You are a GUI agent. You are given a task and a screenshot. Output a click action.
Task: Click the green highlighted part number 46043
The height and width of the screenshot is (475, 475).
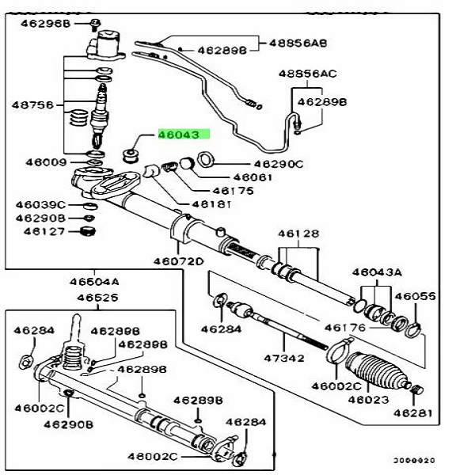pyautogui.click(x=182, y=135)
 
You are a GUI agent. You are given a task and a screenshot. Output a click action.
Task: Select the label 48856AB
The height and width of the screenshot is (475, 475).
pyautogui.click(x=298, y=42)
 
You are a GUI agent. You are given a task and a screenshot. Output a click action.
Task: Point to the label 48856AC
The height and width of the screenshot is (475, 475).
pyautogui.click(x=307, y=74)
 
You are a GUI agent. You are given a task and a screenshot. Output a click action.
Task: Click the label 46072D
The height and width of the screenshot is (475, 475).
pyautogui.click(x=179, y=261)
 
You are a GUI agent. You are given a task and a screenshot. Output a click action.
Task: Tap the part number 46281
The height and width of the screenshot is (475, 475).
pyautogui.click(x=413, y=412)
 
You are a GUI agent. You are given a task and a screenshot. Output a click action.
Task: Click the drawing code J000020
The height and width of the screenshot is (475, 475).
pyautogui.click(x=415, y=460)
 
